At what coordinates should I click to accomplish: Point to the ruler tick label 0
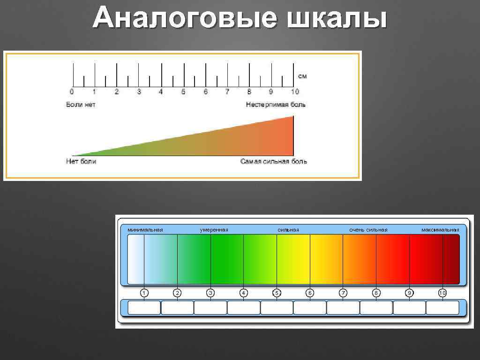coord(72,92)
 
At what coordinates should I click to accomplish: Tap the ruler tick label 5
coord(183,92)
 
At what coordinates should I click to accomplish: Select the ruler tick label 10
coord(294,92)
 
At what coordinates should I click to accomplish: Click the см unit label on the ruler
coord(302,76)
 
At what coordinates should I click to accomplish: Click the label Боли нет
coord(81,105)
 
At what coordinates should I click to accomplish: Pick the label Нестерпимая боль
coord(276,105)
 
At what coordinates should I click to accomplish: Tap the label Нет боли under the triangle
coord(81,161)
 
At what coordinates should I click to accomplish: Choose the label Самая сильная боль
coord(274,161)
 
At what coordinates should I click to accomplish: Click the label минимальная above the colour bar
coord(145,230)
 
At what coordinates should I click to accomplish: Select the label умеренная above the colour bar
coord(214,230)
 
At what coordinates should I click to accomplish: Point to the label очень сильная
coord(368,230)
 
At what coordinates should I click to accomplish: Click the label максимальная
coord(440,230)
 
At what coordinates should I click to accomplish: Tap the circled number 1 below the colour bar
coord(144,293)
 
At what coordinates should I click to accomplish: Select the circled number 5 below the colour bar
coord(277,293)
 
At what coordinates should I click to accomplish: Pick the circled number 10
coord(442,293)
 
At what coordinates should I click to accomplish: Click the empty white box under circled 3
coord(210,307)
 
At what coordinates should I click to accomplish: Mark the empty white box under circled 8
coord(376,307)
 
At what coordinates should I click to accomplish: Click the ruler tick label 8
coord(249,92)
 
